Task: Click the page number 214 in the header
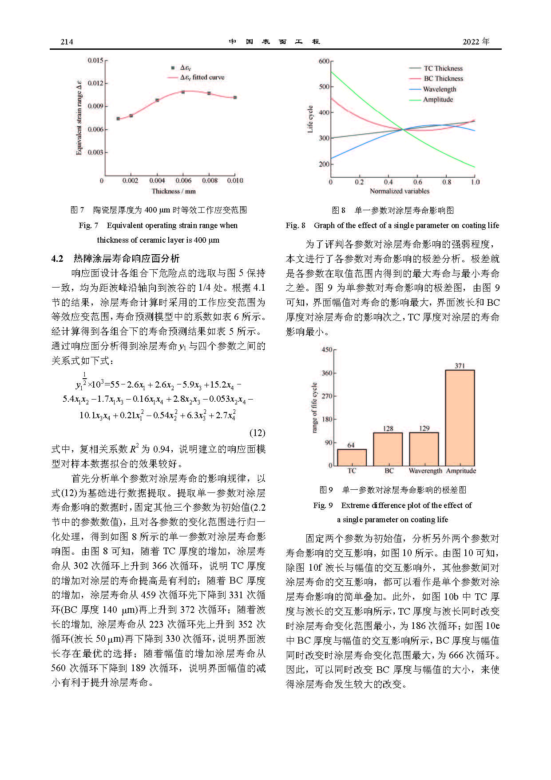tap(67, 42)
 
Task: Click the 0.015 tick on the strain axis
tap(95, 60)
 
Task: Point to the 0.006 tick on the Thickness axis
tap(183, 180)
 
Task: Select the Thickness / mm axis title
tap(174, 191)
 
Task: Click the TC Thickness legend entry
tap(443, 68)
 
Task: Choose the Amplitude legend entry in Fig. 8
tap(438, 100)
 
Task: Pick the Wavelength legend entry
tap(439, 89)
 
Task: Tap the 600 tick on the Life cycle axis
tap(324, 61)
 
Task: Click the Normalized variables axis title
tap(400, 191)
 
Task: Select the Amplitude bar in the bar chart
tap(460, 418)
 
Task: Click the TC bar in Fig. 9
tap(352, 457)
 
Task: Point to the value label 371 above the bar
tap(460, 366)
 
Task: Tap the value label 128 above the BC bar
tap(388, 428)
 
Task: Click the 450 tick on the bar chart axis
tap(327, 350)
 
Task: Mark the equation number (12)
tap(257, 432)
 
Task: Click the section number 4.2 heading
tap(57, 259)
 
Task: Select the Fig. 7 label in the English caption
tap(88, 225)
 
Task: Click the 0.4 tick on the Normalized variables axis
tap(388, 182)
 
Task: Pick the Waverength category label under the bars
tap(425, 471)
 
